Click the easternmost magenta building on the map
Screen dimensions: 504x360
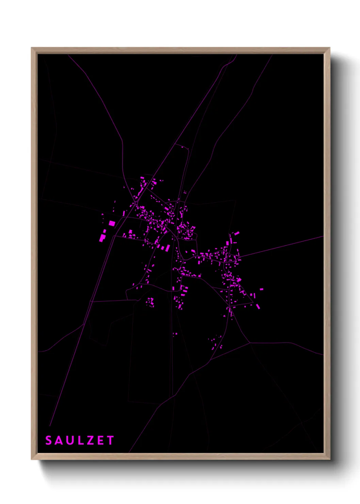(x=261, y=289)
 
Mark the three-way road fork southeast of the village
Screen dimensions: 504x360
(x=250, y=343)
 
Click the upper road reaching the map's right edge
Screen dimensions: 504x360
(x=322, y=236)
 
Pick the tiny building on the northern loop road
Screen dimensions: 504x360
(x=182, y=147)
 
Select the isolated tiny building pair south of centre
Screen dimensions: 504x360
(x=175, y=334)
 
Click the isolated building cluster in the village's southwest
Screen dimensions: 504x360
(x=150, y=302)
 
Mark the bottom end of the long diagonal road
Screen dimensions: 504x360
(x=50, y=426)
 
